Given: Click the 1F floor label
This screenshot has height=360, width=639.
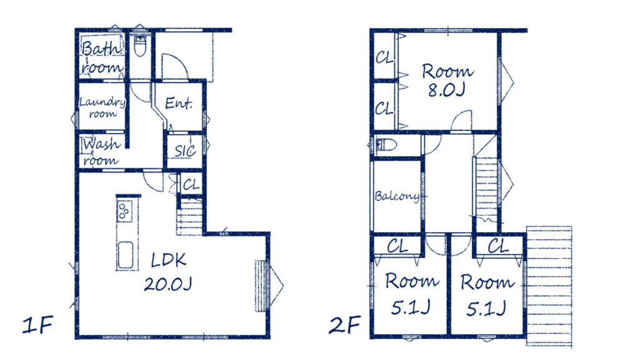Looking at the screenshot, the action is tap(37, 325).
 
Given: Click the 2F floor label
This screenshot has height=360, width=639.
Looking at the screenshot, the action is tap(344, 325).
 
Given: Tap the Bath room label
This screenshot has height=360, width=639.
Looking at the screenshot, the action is tap(102, 57).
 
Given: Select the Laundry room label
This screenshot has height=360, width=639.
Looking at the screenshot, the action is tap(102, 107).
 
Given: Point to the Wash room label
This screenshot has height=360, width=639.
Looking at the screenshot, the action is tap(102, 152).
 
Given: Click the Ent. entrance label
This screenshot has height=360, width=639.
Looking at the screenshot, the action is tap(178, 103).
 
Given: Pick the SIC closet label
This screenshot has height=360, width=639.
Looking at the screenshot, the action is tap(185, 151).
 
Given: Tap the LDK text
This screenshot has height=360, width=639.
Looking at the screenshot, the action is tap(168, 260).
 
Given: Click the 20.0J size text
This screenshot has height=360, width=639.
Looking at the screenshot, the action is tap(168, 284).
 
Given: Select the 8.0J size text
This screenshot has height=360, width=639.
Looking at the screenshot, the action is tap(446, 90).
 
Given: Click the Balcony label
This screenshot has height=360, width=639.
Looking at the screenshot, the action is tap(397, 197).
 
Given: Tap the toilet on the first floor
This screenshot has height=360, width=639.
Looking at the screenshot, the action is tap(140, 46).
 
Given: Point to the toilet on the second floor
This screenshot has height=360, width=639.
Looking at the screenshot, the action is tap(386, 145).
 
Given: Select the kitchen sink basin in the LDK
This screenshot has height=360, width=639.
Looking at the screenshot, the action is tap(125, 255).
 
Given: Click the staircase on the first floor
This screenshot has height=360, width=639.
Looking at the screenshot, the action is tap(190, 216).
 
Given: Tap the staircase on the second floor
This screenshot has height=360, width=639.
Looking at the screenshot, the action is tap(487, 190).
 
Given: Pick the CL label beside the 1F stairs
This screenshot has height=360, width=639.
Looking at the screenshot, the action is tap(191, 185).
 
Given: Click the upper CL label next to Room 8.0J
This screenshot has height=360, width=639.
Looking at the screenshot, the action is tap(384, 58).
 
